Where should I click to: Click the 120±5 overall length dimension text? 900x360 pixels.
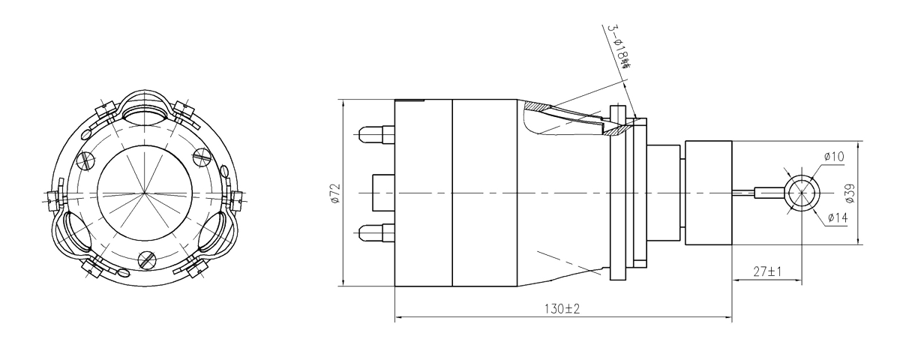tap(562, 308)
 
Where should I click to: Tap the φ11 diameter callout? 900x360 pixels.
tap(833, 156)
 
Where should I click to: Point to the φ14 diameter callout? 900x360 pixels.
tap(837, 219)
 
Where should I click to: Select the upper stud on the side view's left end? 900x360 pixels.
tap(374, 135)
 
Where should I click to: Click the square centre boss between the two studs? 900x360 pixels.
tap(382, 193)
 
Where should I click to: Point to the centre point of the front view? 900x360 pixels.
tap(143, 194)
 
